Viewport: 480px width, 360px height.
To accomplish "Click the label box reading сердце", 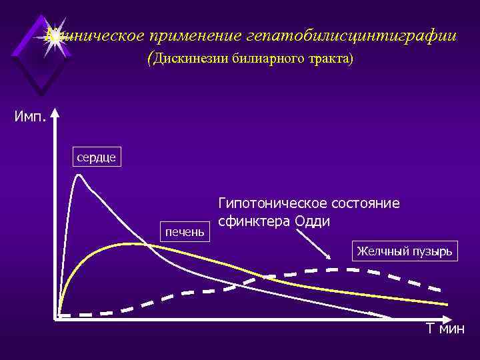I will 97,158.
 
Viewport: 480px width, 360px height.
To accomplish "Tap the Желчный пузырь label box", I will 405,251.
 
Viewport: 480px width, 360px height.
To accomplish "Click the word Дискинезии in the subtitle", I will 192,59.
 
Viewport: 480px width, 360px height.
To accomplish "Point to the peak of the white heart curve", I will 79,174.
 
